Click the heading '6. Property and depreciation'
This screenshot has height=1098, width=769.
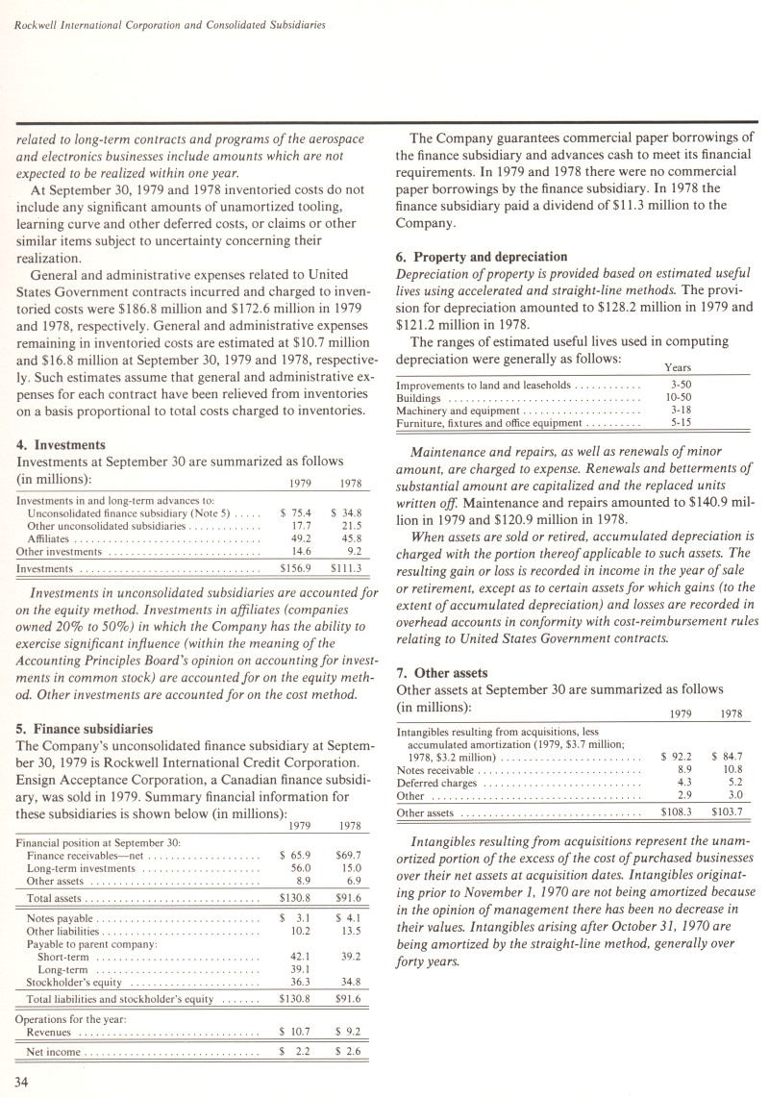coord(482,257)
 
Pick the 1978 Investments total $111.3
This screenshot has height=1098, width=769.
coord(345,569)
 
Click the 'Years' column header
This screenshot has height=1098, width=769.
coord(678,367)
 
